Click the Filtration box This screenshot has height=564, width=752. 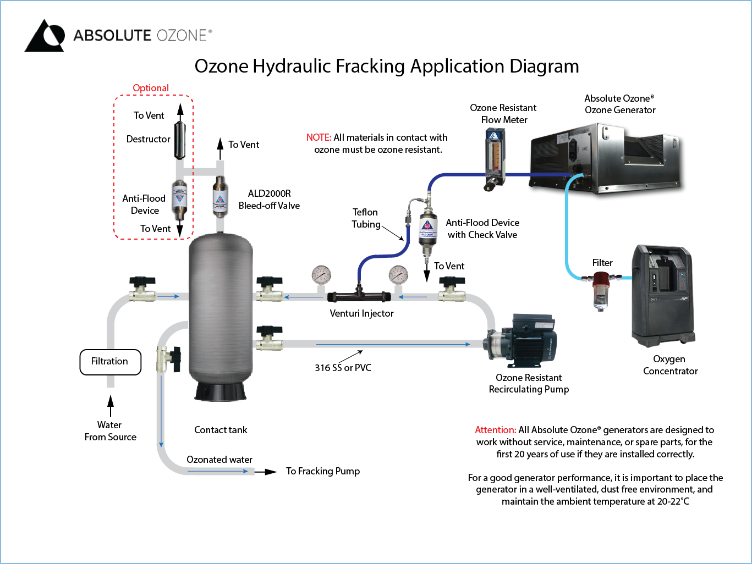[110, 362]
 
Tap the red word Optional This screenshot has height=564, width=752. [151, 88]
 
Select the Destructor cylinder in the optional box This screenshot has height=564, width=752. [180, 140]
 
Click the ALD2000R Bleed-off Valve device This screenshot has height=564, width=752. [219, 197]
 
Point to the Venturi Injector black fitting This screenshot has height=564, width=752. [359, 296]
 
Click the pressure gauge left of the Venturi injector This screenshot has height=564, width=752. [321, 274]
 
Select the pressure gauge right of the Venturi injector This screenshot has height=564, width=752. [398, 274]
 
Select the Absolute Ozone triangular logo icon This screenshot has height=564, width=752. [45, 36]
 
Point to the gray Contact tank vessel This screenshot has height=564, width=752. [221, 313]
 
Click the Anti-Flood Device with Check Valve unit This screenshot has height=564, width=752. [427, 228]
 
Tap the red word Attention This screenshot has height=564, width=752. [495, 430]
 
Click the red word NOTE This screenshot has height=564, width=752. [319, 137]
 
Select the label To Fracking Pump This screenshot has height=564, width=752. [323, 471]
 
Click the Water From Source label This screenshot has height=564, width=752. [110, 431]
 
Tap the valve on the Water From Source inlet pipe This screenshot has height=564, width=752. [142, 290]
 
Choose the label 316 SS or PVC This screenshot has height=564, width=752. [343, 368]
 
